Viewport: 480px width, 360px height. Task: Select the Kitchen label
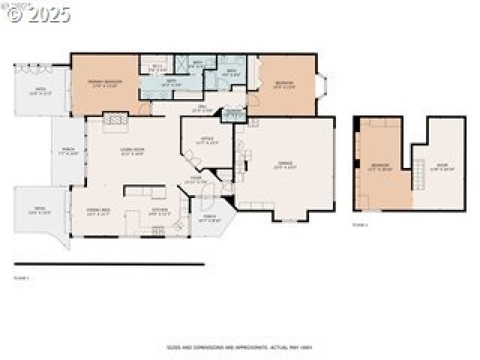pos(159,211)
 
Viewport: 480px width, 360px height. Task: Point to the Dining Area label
pos(98,211)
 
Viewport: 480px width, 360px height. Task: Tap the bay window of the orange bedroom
pos(322,85)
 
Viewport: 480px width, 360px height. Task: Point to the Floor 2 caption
pos(360,225)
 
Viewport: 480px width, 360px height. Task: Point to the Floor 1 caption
pos(22,278)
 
